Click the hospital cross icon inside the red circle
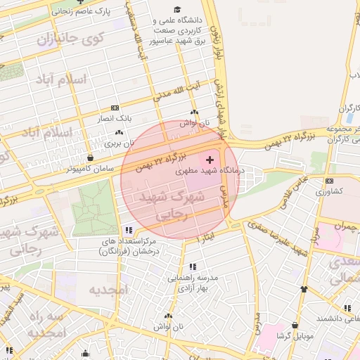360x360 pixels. click(210, 160)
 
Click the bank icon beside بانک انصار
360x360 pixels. click(115, 108)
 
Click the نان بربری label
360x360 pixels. click(119, 143)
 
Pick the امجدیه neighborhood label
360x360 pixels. click(110, 290)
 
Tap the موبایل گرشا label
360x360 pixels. click(294, 337)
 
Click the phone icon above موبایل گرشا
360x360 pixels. click(295, 326)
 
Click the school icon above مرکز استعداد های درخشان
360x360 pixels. click(128, 230)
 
